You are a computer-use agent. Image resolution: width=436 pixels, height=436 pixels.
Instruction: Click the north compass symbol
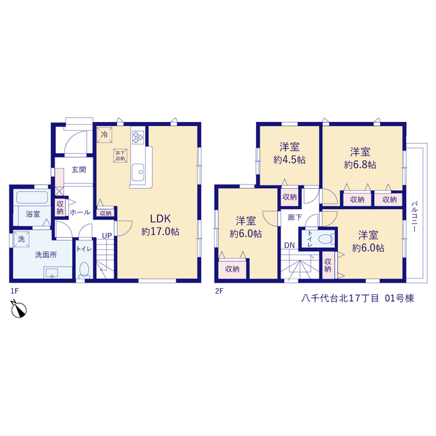pyautogui.click(x=18, y=309)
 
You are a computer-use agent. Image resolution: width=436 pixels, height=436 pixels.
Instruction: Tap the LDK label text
pyautogui.click(x=160, y=219)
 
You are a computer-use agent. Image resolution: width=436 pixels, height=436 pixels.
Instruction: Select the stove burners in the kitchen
pyautogui.click(x=138, y=137)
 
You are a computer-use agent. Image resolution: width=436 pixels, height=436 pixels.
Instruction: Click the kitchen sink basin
pyautogui.click(x=138, y=172)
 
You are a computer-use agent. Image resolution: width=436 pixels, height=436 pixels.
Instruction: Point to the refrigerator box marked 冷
pyautogui.click(x=104, y=135)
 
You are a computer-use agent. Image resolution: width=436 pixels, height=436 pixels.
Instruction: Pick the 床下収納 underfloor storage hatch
pyautogui.click(x=121, y=156)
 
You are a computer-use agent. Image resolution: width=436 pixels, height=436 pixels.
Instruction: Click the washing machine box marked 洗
pyautogui.click(x=21, y=239)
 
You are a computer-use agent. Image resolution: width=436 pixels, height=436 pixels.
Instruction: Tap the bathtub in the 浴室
pyautogui.click(x=32, y=198)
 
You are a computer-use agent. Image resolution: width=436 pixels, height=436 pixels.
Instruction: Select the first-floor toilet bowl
pyautogui.click(x=84, y=270)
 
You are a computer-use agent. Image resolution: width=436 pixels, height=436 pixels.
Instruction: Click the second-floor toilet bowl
pyautogui.click(x=325, y=239)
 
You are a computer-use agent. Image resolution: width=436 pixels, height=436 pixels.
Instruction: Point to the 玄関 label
pyautogui.click(x=79, y=170)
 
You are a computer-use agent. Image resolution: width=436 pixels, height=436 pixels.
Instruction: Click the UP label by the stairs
pyautogui.click(x=107, y=236)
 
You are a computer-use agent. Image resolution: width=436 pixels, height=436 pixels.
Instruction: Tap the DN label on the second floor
pyautogui.click(x=289, y=245)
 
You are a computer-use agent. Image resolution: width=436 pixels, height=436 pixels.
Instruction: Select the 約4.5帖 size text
pyautogui.click(x=289, y=160)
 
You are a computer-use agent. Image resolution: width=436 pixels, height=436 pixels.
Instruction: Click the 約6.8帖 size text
pyautogui.click(x=360, y=165)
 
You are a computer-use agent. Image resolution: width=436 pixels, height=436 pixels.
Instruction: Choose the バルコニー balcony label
pyautogui.click(x=414, y=217)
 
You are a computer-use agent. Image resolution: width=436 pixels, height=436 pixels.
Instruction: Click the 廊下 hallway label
pyautogui.click(x=295, y=217)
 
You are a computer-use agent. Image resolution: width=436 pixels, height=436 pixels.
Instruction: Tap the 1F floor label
pyautogui.click(x=14, y=291)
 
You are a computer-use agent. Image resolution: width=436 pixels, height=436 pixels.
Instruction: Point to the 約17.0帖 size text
pyautogui.click(x=160, y=232)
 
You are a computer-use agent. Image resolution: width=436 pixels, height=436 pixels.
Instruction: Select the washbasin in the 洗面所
pyautogui.click(x=52, y=272)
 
